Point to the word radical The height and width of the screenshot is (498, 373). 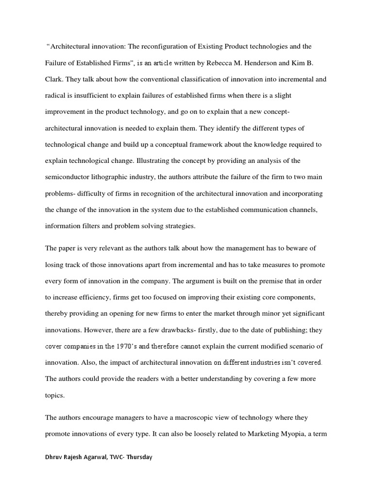(57, 96)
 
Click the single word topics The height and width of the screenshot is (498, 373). (55, 396)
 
